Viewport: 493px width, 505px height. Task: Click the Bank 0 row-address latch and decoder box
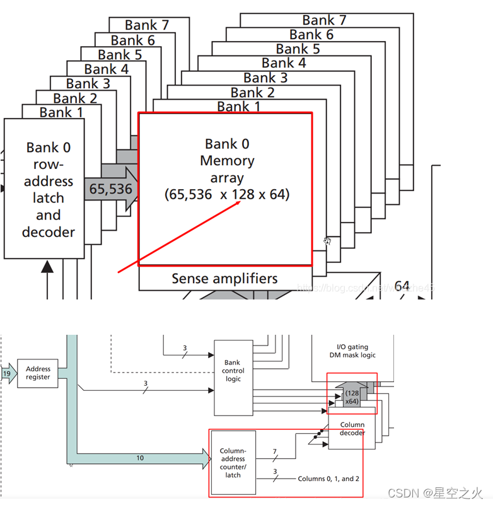pos(44,189)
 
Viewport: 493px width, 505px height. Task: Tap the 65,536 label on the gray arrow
pos(110,189)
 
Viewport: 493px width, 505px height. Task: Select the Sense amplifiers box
pos(224,279)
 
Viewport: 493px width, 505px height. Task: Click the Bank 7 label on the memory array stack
pos(324,20)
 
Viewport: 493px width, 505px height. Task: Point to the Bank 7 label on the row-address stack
pos(147,25)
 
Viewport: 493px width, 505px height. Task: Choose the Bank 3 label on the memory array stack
pos(265,78)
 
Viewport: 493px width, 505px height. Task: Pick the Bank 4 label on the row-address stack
pos(107,69)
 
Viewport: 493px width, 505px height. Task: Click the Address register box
pos(38,373)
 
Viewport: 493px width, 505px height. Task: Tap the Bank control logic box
pos(233,371)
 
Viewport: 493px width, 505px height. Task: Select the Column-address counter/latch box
pos(233,463)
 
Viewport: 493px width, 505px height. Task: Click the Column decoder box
pos(352,429)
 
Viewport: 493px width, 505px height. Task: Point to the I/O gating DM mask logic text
pos(352,351)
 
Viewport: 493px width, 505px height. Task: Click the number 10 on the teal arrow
pos(140,458)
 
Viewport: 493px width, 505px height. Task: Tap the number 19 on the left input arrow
pos(6,373)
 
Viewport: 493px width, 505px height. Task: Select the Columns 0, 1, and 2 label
pos(330,479)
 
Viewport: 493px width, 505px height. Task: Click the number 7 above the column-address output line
pos(274,452)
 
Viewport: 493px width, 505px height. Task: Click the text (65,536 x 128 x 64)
pos(227,195)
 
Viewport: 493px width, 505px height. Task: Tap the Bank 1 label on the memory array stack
pos(238,107)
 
